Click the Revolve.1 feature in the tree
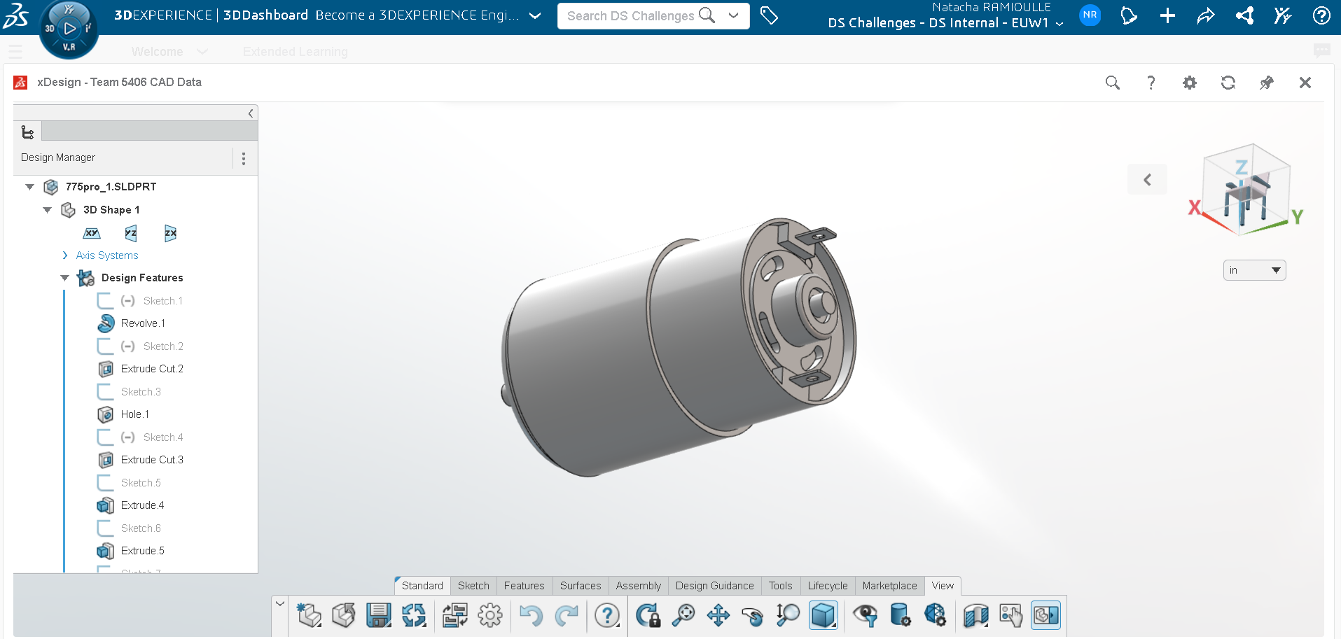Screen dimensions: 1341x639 [x=143, y=323]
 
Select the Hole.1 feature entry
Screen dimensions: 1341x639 [x=134, y=414]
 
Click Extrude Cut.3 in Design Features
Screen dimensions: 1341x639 [x=152, y=460]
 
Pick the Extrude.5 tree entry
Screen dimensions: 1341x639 [x=142, y=551]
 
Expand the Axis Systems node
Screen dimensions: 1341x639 [x=65, y=255]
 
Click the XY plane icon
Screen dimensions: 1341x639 [x=92, y=233]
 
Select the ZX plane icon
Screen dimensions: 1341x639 [x=170, y=233]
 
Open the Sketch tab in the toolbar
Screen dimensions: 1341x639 [x=473, y=586]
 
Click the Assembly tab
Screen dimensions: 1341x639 [x=638, y=586]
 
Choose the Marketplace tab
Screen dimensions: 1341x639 [x=889, y=586]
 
